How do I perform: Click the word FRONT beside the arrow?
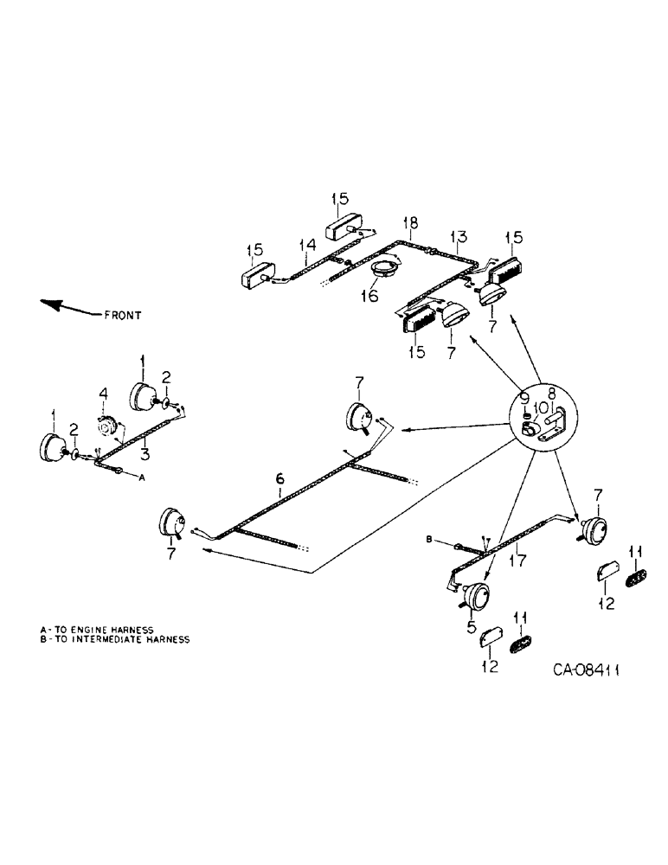click(122, 316)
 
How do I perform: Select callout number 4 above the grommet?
click(103, 394)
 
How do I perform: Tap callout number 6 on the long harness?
click(279, 478)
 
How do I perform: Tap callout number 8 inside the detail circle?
click(552, 391)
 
